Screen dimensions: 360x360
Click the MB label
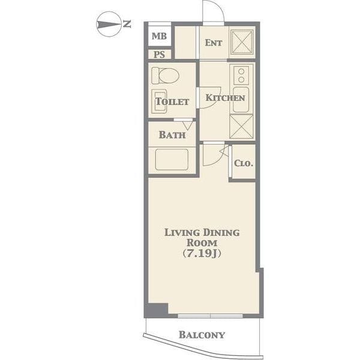[x=159, y=36]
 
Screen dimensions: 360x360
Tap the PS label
[x=159, y=55]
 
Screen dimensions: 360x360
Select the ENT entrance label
[x=213, y=43]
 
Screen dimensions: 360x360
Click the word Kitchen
[x=225, y=98]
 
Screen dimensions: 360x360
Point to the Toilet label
[x=172, y=102]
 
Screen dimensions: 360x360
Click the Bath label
[x=172, y=135]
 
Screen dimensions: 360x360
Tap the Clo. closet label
[x=244, y=163]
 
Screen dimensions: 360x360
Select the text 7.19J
[x=202, y=253]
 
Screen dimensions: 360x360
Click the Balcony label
[x=202, y=335]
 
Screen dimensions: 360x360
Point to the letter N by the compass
[x=127, y=24]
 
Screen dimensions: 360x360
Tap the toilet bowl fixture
[x=166, y=76]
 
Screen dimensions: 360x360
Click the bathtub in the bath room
[x=172, y=160]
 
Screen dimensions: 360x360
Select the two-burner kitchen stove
[x=241, y=76]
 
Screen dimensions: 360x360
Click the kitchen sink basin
[x=241, y=100]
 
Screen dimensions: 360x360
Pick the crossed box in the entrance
[x=242, y=43]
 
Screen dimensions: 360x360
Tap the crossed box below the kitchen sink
[x=241, y=127]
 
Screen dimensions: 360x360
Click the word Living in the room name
[x=182, y=233]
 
